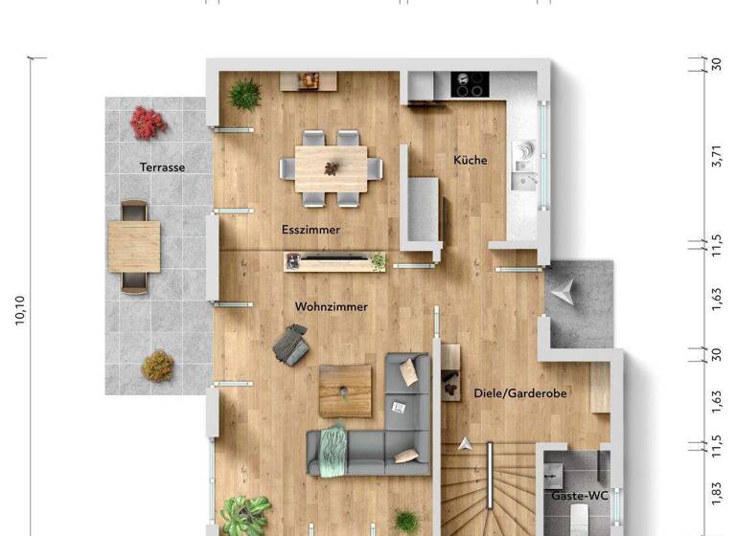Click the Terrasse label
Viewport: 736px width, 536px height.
162,167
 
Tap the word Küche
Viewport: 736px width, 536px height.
470,160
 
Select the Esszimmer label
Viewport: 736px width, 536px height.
310,230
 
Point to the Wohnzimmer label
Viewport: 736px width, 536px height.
332,306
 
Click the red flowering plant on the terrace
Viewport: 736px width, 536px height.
149,123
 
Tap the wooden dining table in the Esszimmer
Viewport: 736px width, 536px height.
332,167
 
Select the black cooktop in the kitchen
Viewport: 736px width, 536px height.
470,85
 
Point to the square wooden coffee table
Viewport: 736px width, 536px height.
345,390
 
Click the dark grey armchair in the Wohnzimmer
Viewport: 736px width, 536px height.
291,344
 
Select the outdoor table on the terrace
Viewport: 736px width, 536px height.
134,246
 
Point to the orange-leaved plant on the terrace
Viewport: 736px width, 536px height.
157,366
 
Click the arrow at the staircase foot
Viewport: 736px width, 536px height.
466,443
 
